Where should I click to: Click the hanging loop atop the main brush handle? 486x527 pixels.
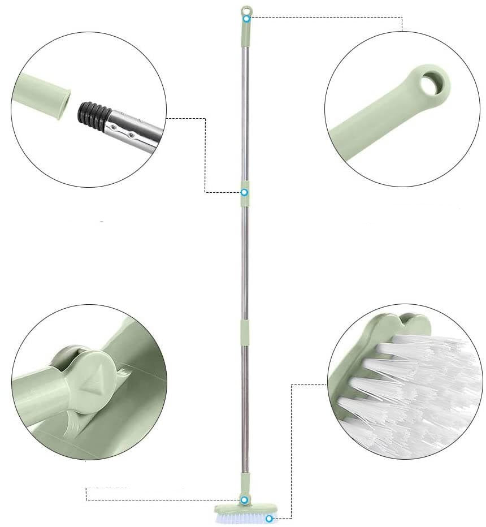click(246, 10)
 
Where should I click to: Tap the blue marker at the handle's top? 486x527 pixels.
click(246, 19)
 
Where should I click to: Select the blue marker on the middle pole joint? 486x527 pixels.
click(244, 192)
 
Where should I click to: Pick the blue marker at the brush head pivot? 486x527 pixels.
click(245, 500)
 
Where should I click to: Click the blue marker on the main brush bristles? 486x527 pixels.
click(270, 519)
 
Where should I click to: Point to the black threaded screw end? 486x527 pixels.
click(92, 112)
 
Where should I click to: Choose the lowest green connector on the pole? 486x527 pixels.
click(245, 331)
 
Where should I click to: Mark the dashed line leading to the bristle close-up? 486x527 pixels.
click(291, 452)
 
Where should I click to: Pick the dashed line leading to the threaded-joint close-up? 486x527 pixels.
click(205, 158)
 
